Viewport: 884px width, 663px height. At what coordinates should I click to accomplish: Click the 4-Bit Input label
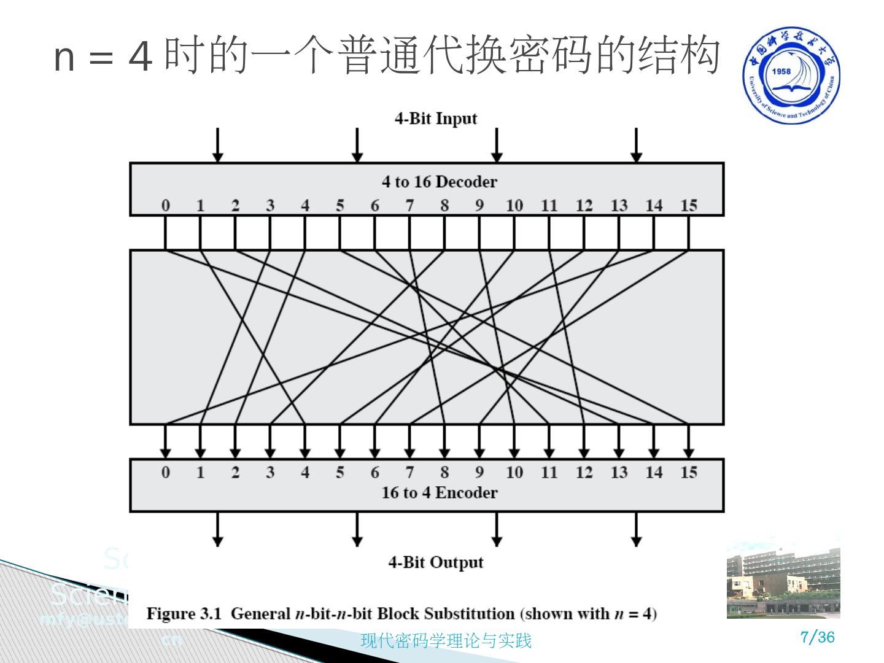435,118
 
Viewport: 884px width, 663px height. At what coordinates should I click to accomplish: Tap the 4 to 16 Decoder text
439,182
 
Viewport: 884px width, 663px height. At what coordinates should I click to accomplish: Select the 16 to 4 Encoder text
439,492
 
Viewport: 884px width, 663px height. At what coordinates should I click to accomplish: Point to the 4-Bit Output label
435,562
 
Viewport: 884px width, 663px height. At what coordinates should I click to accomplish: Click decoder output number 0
165,206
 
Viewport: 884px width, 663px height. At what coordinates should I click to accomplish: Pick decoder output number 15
688,206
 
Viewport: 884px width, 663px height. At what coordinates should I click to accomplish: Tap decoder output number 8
444,206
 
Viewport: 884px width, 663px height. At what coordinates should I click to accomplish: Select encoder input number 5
339,472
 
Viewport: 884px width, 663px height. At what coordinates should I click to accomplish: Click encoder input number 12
584,472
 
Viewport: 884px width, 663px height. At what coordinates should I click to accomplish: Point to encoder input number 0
165,472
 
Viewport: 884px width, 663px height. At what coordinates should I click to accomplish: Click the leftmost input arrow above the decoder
217,145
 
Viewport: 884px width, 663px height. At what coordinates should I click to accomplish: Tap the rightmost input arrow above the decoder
637,145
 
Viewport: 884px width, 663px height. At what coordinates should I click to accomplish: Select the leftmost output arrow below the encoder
217,529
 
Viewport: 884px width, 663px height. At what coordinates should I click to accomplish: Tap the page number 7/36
818,637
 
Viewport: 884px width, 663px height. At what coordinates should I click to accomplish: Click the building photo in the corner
783,577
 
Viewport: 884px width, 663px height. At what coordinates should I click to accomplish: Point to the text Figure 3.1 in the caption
184,614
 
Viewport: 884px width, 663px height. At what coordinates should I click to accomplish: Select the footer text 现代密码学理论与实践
446,641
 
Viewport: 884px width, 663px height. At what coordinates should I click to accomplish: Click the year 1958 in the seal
781,71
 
